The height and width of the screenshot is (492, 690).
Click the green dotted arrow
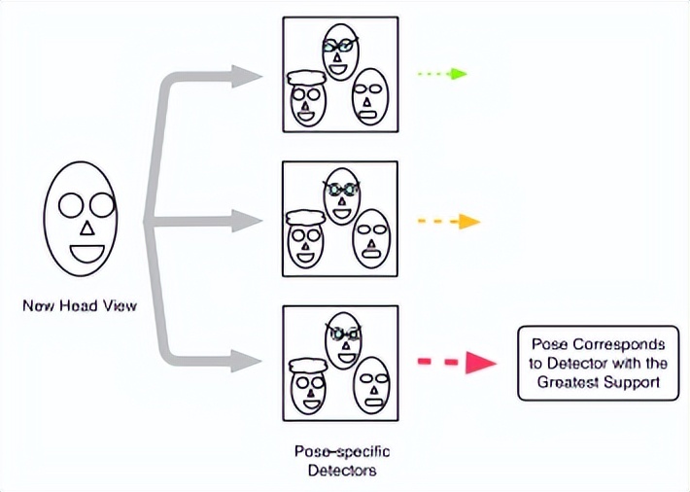[x=441, y=74]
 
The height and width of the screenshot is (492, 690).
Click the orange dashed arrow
[x=448, y=222]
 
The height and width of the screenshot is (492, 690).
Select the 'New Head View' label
[x=80, y=306]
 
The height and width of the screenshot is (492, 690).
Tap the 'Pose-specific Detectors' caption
[x=337, y=461]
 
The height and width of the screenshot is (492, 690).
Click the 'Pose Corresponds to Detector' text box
[x=597, y=364]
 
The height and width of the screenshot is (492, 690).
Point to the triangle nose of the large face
[x=85, y=228]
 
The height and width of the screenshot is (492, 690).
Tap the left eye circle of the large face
[x=69, y=205]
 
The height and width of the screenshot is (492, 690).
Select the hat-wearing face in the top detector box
[x=307, y=97]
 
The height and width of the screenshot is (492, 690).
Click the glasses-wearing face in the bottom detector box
[x=342, y=339]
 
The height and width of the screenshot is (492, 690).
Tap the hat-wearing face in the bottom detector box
[x=309, y=383]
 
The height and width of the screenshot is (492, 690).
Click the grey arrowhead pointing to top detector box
[x=249, y=76]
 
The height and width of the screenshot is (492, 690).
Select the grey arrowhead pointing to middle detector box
[x=249, y=221]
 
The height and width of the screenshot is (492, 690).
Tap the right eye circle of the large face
[x=99, y=205]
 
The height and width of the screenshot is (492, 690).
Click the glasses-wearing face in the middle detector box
[x=341, y=195]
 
